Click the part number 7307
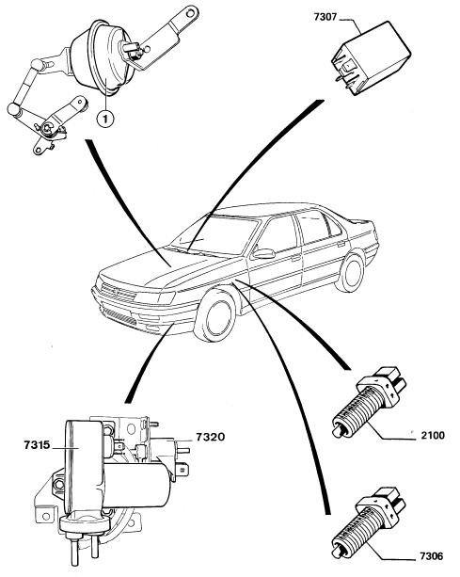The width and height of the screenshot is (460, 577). coord(325,17)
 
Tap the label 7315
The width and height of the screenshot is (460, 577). coord(37,445)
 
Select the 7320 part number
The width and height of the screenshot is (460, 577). coord(211,437)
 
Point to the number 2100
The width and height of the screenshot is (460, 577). coord(433,435)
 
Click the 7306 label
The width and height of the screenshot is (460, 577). coord(432,556)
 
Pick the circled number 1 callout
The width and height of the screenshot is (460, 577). coord(105,119)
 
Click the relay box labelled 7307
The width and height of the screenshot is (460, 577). coord(371,57)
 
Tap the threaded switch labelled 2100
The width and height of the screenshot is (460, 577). coord(369,402)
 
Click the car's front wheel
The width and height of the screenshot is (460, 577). coord(216,315)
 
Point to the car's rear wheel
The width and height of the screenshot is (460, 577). coord(350,271)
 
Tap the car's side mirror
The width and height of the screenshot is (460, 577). coord(263,254)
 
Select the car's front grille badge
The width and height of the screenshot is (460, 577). coord(115,292)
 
